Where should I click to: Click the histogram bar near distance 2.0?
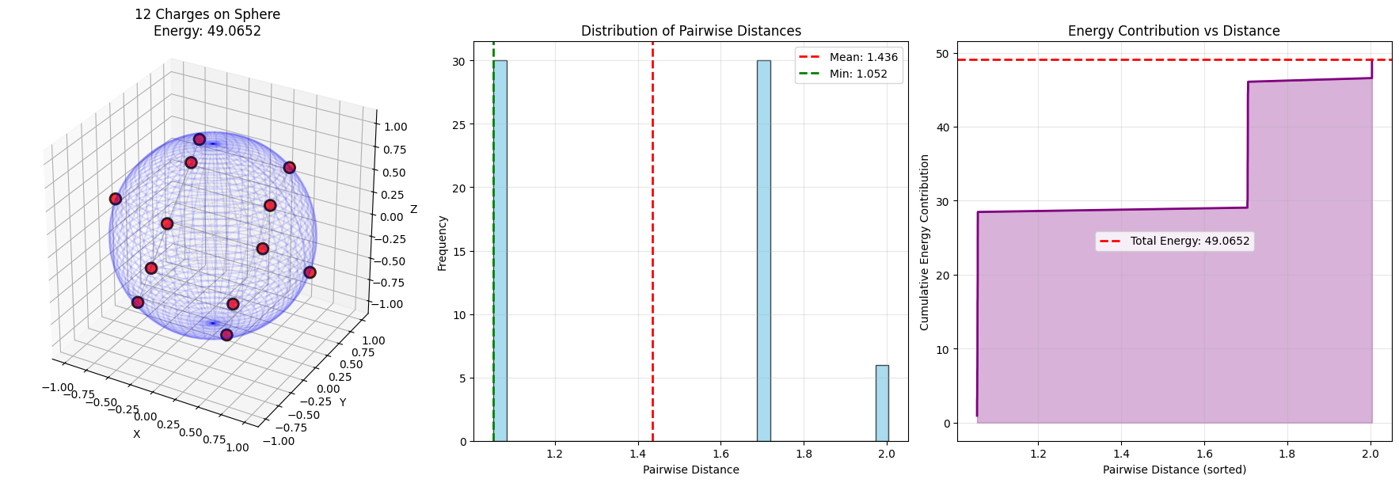pos(881,403)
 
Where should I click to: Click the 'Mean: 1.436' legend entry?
pos(863,57)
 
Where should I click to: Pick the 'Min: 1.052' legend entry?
pos(858,74)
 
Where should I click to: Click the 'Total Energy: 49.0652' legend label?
pos(1189,241)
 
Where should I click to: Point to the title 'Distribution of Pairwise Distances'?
pos(690,31)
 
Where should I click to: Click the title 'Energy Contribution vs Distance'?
pos(1173,31)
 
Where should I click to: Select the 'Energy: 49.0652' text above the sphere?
pos(207,31)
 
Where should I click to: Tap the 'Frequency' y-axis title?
pos(443,243)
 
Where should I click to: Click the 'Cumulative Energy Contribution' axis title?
pos(924,242)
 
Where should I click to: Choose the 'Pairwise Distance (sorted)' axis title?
pos(1174,470)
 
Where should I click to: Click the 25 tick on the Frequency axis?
pos(459,124)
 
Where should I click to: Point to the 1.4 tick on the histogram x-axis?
pos(638,454)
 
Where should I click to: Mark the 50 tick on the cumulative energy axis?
pos(942,54)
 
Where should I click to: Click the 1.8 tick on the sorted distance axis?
pos(1287,454)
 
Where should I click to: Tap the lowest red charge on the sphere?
pos(226,335)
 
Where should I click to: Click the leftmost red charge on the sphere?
pos(116,199)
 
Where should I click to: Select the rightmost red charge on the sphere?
pos(310,272)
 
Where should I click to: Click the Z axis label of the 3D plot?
pos(413,210)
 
